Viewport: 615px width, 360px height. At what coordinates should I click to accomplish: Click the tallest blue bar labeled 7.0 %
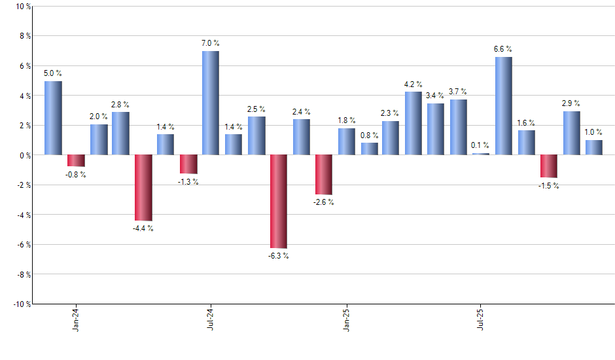(211, 103)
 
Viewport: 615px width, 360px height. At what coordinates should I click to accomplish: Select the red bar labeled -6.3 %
(278, 202)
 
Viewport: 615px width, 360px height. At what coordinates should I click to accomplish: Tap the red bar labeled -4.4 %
(143, 188)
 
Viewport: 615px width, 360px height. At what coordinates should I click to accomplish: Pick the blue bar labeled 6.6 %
(504, 106)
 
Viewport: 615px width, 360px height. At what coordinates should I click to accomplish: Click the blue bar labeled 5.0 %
(53, 118)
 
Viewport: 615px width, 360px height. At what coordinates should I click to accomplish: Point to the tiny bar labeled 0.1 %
(481, 154)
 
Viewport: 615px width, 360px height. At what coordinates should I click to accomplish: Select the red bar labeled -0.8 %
(76, 160)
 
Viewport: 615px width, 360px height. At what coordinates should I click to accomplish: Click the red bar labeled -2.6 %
(323, 175)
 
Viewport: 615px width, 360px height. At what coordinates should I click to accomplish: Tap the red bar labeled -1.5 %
(549, 166)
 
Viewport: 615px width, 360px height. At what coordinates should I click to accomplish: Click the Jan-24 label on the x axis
(76, 319)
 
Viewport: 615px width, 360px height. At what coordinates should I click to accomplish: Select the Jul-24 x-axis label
(211, 319)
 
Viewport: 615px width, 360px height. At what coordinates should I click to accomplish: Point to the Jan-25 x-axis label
(346, 319)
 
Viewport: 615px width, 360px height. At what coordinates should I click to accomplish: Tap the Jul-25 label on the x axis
(481, 319)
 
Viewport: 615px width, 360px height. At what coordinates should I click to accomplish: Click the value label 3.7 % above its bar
(459, 90)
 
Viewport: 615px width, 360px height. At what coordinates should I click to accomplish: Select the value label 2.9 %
(571, 103)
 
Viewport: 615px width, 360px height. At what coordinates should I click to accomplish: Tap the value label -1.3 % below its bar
(188, 181)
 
